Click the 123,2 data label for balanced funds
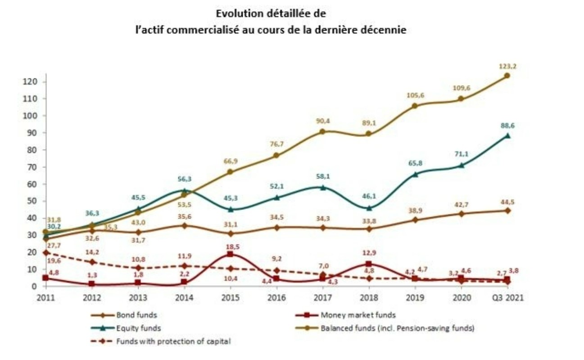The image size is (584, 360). click(x=507, y=66)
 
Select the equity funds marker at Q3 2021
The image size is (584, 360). click(x=507, y=136)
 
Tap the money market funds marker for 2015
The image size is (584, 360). click(x=230, y=254)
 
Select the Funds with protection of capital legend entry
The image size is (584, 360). click(x=173, y=341)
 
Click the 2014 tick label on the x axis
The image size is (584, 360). click(x=185, y=297)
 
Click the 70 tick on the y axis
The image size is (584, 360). click(x=40, y=167)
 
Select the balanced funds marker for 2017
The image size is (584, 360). click(x=322, y=132)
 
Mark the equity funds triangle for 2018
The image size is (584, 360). click(x=369, y=208)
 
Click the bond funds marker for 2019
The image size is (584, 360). click(x=415, y=220)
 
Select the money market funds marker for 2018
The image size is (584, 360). click(x=369, y=264)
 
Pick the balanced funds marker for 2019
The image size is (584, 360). click(x=415, y=106)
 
